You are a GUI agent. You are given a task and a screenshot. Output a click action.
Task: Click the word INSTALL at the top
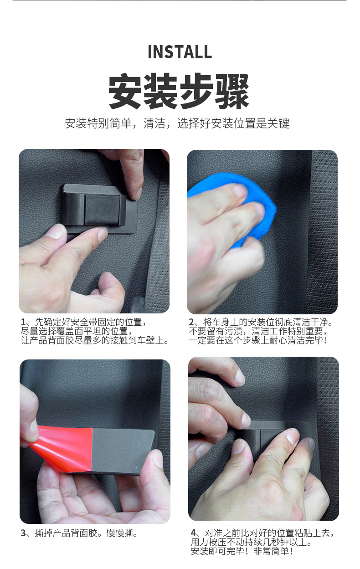(180, 52)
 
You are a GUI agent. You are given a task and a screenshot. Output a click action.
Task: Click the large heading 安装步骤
(179, 91)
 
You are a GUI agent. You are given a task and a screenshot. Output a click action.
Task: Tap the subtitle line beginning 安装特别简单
(177, 123)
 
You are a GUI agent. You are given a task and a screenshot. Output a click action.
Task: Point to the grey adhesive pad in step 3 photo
(122, 451)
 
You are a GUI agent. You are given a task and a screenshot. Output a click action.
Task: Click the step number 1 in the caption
(23, 323)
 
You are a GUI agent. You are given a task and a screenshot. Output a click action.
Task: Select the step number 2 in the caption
(191, 323)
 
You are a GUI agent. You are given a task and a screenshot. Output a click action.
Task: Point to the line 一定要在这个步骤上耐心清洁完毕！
(258, 340)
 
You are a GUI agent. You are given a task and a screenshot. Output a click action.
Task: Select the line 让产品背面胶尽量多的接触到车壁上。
(95, 340)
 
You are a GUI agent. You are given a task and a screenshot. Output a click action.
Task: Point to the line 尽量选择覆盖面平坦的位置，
(77, 331)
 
